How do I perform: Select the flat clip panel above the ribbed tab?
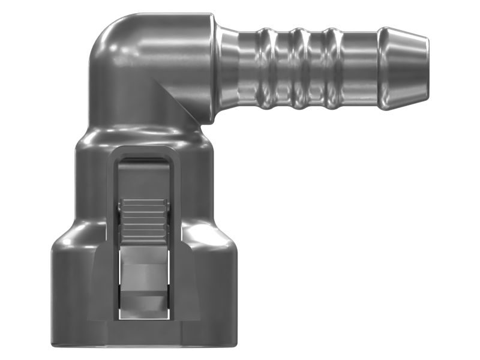(x=143, y=180)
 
